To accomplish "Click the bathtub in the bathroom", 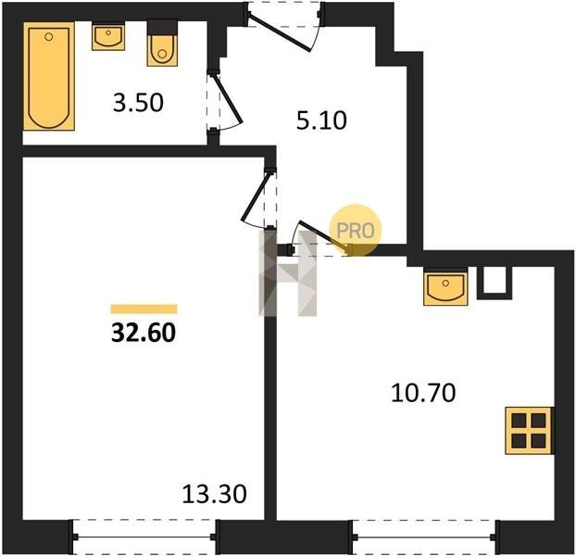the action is pyautogui.click(x=49, y=76).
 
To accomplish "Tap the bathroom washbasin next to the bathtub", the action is pyautogui.click(x=108, y=36).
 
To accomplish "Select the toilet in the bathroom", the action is pyautogui.click(x=162, y=43).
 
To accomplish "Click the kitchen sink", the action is pyautogui.click(x=445, y=286).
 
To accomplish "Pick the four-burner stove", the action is pyautogui.click(x=529, y=431).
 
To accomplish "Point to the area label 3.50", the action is pyautogui.click(x=138, y=103).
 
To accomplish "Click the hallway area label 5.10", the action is pyautogui.click(x=321, y=120).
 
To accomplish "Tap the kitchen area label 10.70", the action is pyautogui.click(x=423, y=393).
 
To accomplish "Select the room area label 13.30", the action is pyautogui.click(x=215, y=494).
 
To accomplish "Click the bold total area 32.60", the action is pyautogui.click(x=144, y=334).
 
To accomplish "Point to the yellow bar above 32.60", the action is pyautogui.click(x=144, y=310).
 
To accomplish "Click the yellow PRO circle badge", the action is pyautogui.click(x=356, y=231).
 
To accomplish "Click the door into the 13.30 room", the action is pyautogui.click(x=255, y=197).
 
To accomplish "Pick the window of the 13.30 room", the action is pyautogui.click(x=144, y=537).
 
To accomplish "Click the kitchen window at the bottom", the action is pyautogui.click(x=424, y=537).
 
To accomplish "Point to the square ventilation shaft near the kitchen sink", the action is pyautogui.click(x=495, y=283).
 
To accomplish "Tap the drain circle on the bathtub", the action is pyautogui.click(x=49, y=36).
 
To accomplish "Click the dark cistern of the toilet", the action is pyautogui.click(x=162, y=28).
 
